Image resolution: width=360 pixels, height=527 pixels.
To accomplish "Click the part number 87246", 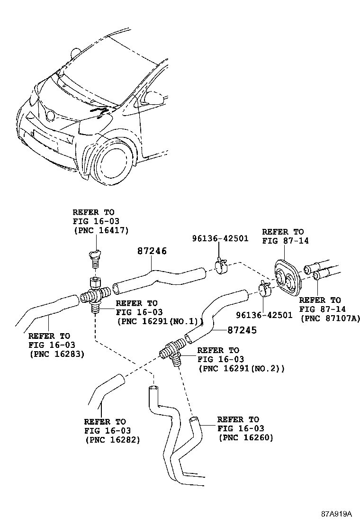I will pyautogui.click(x=152, y=251).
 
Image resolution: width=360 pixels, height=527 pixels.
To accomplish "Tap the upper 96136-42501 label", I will pyautogui.click(x=220, y=238).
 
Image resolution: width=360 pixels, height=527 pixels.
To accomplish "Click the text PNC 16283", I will pyautogui.click(x=56, y=353).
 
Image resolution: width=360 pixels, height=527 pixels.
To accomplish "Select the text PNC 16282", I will pyautogui.click(x=112, y=439).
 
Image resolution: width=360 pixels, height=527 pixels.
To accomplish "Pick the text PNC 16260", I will pyautogui.click(x=245, y=437).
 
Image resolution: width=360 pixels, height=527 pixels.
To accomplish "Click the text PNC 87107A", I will pyautogui.click(x=330, y=318).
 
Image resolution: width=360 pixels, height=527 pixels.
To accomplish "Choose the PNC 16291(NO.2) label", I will pyautogui.click(x=242, y=368).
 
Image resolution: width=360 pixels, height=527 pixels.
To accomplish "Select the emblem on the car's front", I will pyautogui.click(x=49, y=114).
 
